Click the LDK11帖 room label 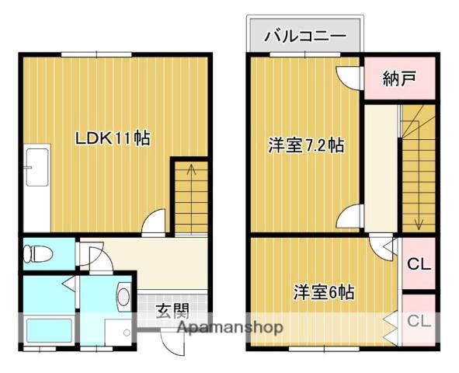[113, 138]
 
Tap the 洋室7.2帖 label [306, 145]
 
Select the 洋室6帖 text [324, 292]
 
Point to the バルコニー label [305, 37]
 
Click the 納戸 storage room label [399, 78]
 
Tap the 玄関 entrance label [172, 311]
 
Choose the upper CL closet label [419, 265]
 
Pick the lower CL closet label [419, 321]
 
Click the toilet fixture [38, 253]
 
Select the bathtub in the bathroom [49, 330]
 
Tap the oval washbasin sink [123, 297]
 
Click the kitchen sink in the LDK [37, 167]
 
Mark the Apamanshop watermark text [230, 328]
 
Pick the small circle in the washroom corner [127, 333]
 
